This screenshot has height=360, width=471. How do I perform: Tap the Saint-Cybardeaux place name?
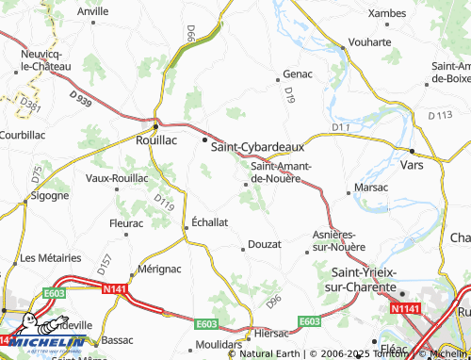click(257, 147)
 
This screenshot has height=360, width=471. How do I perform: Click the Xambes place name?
click(386, 12)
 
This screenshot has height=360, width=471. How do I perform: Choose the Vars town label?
click(437, 164)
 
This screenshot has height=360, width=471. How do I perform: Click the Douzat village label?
click(265, 244)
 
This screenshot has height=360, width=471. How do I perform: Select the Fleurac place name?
click(125, 223)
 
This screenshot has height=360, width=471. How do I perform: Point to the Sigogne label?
click(49, 196)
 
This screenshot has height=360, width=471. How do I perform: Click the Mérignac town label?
click(160, 269)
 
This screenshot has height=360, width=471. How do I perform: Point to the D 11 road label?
click(341, 126)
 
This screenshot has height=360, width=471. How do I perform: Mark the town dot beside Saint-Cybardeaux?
click(204, 140)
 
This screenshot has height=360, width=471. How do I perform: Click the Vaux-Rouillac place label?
click(117, 177)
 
